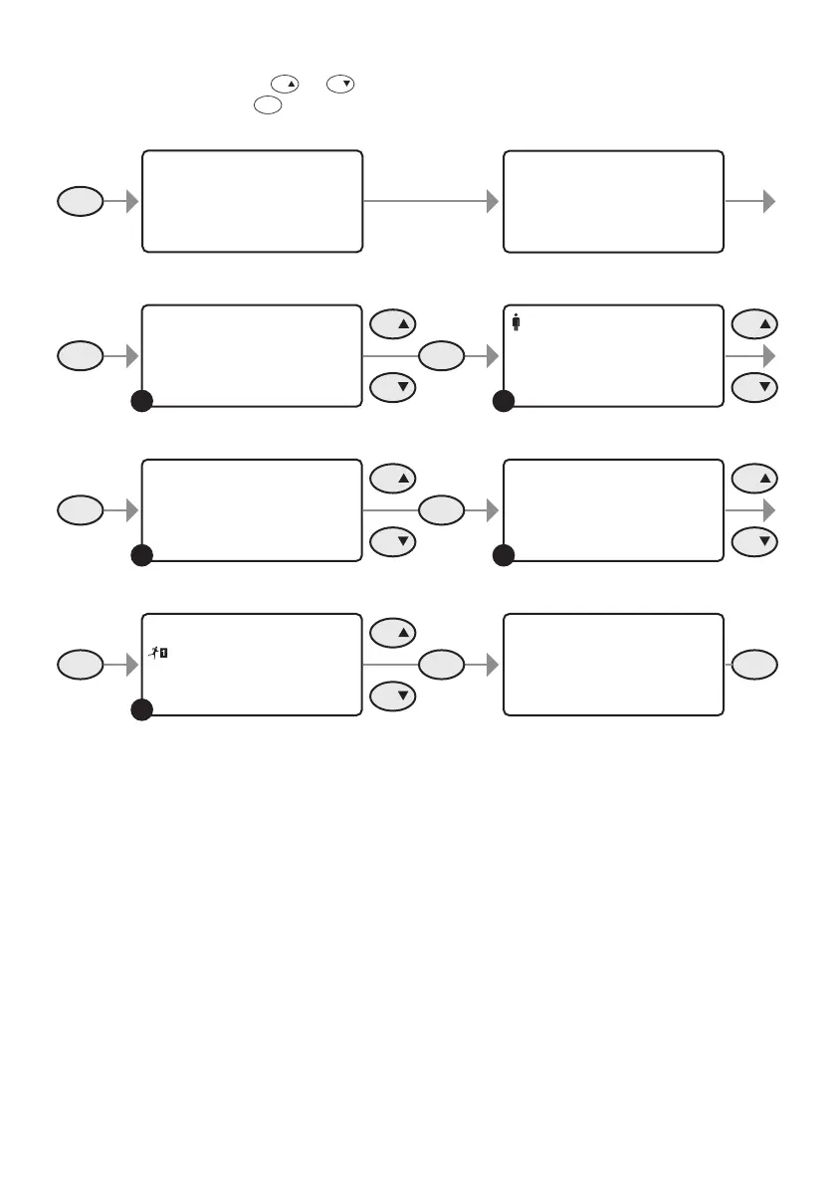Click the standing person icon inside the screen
[x=517, y=322]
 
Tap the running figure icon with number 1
[x=158, y=653]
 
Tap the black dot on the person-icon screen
[x=504, y=401]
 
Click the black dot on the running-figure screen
[x=141, y=709]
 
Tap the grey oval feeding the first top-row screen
[x=80, y=202]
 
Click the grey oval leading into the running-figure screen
[x=80, y=665]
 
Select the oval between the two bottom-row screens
[x=442, y=665]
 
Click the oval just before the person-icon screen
[x=442, y=355]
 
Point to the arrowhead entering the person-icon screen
[x=492, y=355]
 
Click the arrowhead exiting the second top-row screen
[x=768, y=201]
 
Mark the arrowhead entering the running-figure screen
[x=130, y=665]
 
